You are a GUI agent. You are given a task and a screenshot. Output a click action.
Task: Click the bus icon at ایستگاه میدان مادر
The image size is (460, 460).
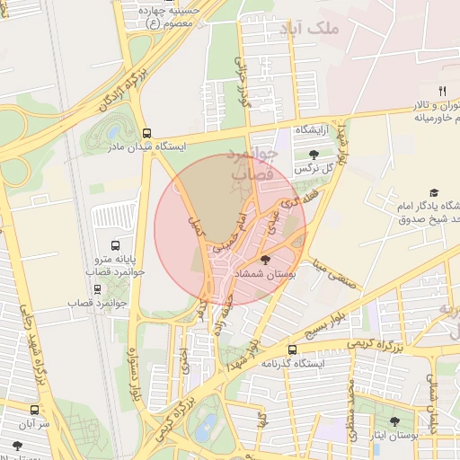146,130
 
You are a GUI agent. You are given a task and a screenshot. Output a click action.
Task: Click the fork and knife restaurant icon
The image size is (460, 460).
441,91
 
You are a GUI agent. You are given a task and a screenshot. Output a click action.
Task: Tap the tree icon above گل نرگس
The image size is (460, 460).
313,155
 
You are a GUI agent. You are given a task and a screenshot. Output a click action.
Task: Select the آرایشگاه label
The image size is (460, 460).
315,131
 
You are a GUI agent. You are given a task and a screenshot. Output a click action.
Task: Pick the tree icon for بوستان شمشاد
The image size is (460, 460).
263,259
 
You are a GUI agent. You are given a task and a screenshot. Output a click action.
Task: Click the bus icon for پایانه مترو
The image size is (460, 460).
115,245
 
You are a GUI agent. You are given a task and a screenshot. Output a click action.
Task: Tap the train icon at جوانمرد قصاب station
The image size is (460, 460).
97,289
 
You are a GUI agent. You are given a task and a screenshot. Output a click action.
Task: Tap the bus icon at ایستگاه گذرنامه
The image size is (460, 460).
291,349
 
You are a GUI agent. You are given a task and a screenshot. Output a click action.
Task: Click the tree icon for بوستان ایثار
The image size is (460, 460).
394,420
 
